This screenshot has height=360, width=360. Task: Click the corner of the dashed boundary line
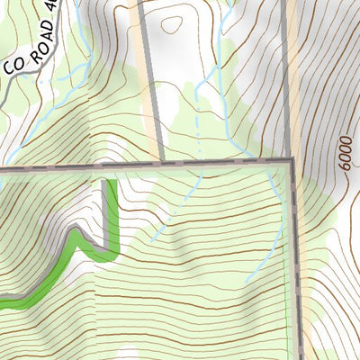pyautogui.click(x=292, y=162)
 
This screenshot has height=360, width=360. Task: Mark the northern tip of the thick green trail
pyautogui.click(x=112, y=184)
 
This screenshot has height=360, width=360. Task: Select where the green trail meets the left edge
pyautogui.click(x=2, y=305)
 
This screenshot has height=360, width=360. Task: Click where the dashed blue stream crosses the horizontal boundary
pyautogui.click(x=193, y=163)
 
